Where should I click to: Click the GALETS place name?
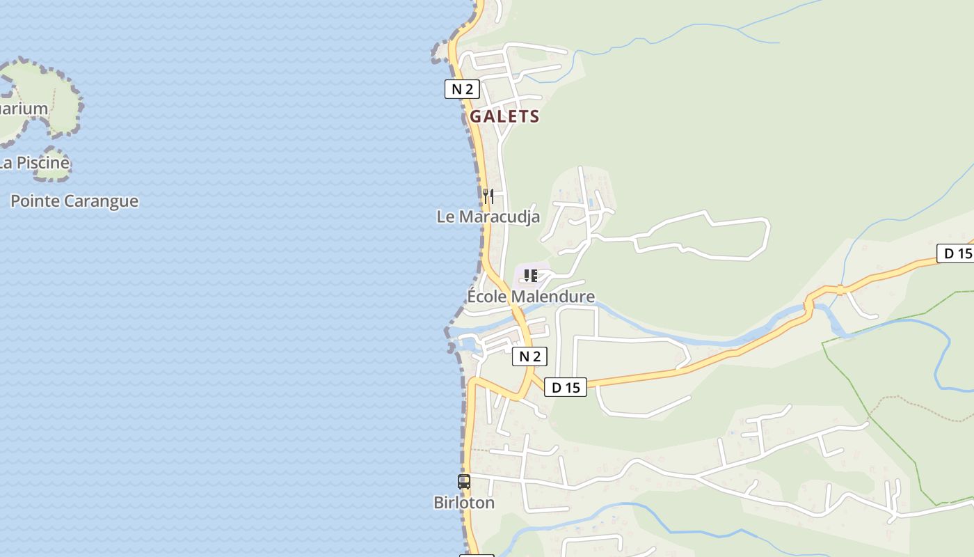click(x=504, y=116)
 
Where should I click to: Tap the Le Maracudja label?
click(x=488, y=217)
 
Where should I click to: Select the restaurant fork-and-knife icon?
click(x=488, y=196)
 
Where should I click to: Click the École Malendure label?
click(x=531, y=297)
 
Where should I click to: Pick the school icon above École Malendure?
click(x=531, y=276)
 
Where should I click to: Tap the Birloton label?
click(x=464, y=503)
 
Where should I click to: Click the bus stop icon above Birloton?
click(x=464, y=481)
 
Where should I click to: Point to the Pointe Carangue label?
click(x=74, y=201)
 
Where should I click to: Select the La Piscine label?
click(x=35, y=163)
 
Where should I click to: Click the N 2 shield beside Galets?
click(x=462, y=89)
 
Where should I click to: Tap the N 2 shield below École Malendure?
click(x=529, y=356)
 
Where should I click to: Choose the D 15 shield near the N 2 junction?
click(x=565, y=387)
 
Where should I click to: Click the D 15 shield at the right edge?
click(x=956, y=253)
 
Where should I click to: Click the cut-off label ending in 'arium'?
click(x=24, y=109)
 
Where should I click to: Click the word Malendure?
click(x=553, y=297)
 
